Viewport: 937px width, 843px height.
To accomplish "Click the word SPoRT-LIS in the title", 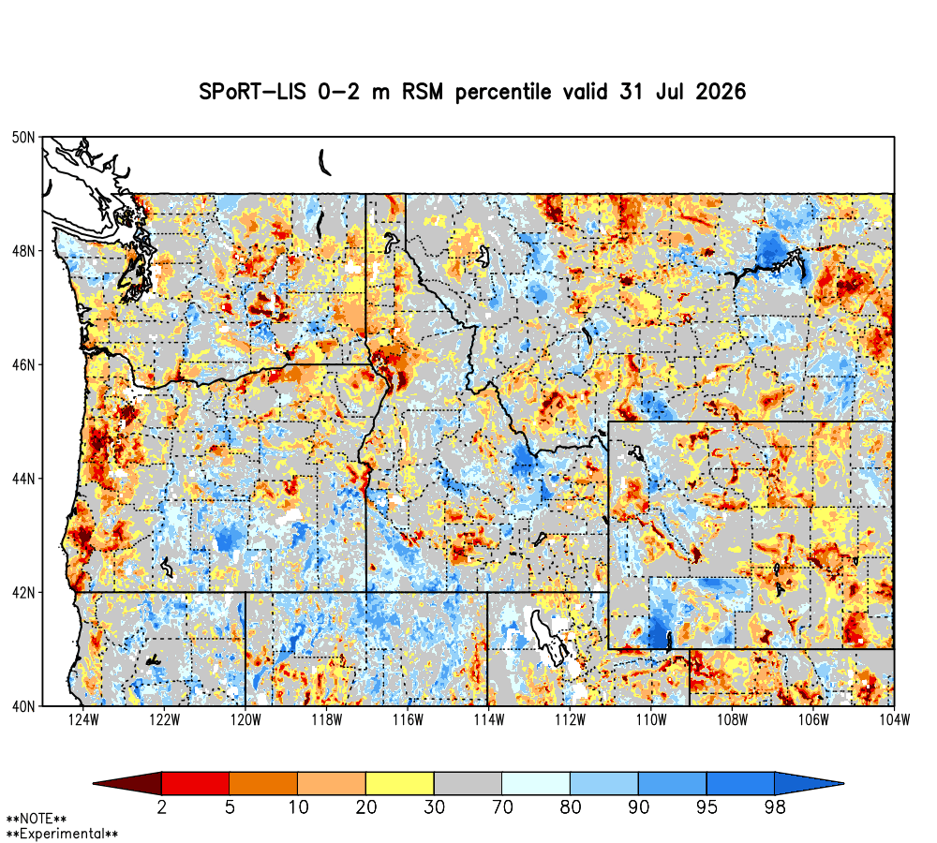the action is tap(252, 92).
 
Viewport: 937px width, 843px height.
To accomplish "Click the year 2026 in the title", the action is tap(721, 92).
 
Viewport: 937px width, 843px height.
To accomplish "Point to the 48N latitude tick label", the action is tap(23, 251).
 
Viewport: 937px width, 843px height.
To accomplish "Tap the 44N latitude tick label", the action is tap(23, 479).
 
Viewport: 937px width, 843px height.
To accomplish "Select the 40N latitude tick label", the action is tap(23, 706).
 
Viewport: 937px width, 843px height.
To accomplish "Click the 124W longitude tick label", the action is tap(83, 720).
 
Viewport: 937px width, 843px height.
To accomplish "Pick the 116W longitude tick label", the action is tap(408, 720).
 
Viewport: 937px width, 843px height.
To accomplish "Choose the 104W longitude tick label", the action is tap(894, 720).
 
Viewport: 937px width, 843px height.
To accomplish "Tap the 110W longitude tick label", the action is tap(651, 720).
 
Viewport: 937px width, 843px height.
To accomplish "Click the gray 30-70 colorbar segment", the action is tap(468, 783).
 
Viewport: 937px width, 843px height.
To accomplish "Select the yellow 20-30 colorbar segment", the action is tap(400, 783).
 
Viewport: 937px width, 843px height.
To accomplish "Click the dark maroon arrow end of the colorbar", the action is tap(127, 783).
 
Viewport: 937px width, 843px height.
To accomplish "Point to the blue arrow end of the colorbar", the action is tap(810, 783).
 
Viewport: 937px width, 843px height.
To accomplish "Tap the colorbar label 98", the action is tap(775, 807).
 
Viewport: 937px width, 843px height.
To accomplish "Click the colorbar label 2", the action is tap(162, 807).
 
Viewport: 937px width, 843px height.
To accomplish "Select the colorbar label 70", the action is tap(502, 807).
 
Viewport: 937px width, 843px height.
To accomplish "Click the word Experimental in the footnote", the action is tap(62, 834).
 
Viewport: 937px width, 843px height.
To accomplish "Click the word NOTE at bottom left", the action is tap(37, 819).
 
